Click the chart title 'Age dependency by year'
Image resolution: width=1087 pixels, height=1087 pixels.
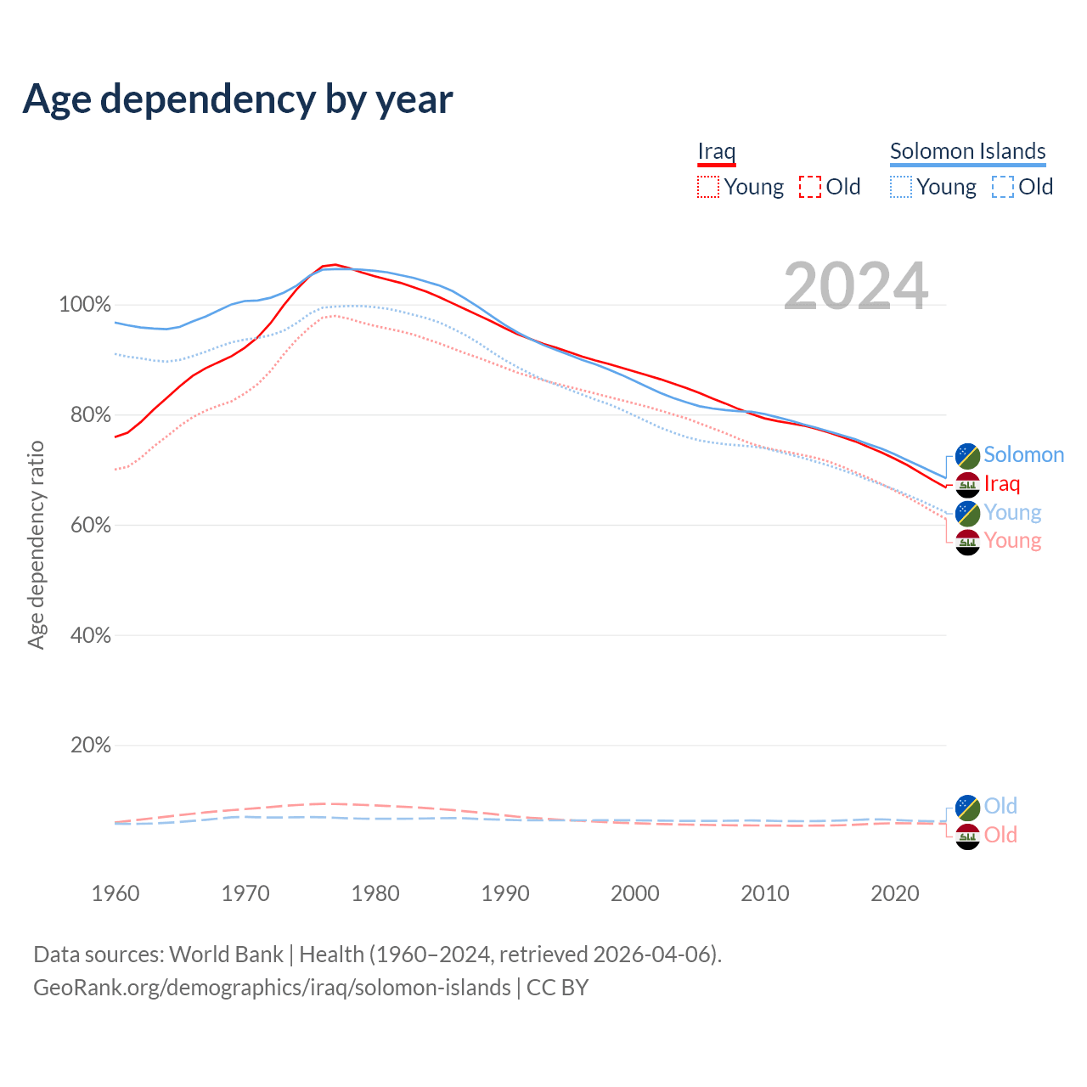pos(238,99)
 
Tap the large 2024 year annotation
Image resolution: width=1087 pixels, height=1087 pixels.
pos(855,286)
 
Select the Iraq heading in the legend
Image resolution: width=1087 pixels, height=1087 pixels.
pos(716,151)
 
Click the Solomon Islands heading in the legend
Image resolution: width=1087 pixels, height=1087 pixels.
pos(967,151)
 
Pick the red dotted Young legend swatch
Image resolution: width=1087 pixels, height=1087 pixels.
pos(707,187)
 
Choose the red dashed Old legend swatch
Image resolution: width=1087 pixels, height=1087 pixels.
pos(809,187)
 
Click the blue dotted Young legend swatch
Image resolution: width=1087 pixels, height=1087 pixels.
pos(900,187)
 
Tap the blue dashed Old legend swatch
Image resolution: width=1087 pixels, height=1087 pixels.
pos(1002,187)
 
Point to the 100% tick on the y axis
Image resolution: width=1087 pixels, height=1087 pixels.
pos(85,305)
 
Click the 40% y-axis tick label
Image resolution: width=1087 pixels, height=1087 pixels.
pos(90,635)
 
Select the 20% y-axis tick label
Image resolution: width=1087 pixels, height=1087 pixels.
pos(90,746)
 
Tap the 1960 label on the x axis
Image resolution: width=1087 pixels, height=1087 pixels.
pos(115,893)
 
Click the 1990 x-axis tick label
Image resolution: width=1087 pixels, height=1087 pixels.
pos(505,893)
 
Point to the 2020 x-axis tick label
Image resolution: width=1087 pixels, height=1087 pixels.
pos(895,893)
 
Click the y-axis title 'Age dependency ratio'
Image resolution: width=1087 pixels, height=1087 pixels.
pos(36,544)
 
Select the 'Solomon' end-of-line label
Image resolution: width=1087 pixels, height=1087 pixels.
pos(1023,455)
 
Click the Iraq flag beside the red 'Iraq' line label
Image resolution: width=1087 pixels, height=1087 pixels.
pos(967,485)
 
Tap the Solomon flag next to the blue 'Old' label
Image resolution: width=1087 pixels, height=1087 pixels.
pos(967,807)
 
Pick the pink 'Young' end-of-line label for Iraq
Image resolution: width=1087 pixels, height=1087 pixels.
pos(1012,541)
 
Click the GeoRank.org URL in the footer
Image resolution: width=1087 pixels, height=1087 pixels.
pos(272,988)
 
